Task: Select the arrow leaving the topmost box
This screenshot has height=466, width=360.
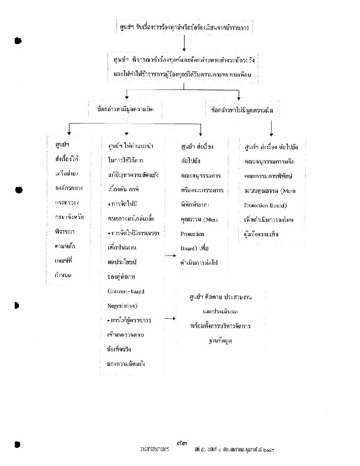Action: [x=184, y=43]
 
